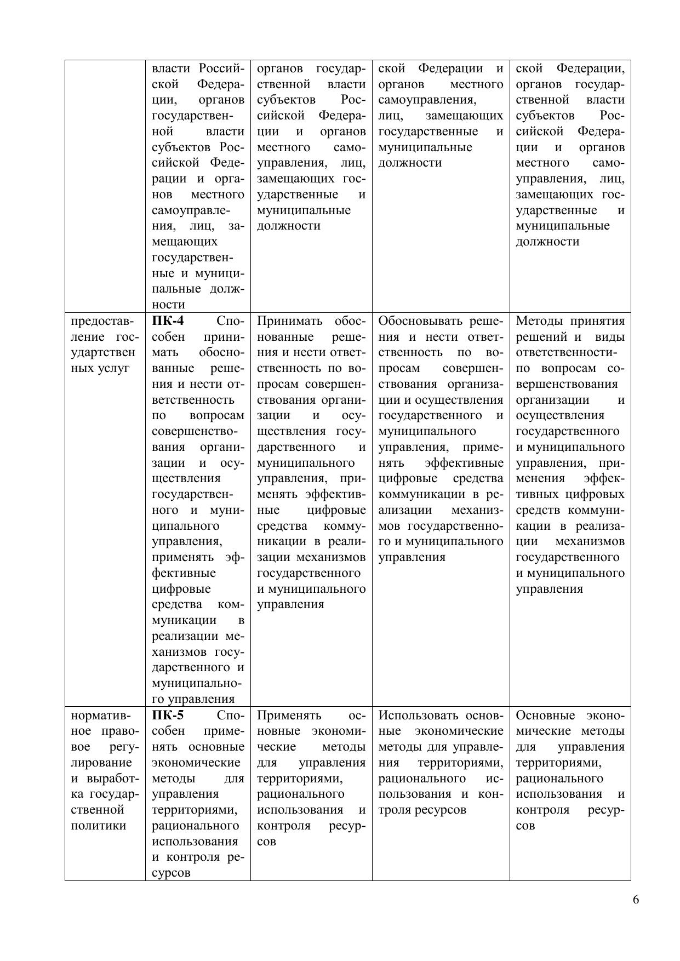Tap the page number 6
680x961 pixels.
[636, 900]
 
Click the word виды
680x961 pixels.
[609, 337]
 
